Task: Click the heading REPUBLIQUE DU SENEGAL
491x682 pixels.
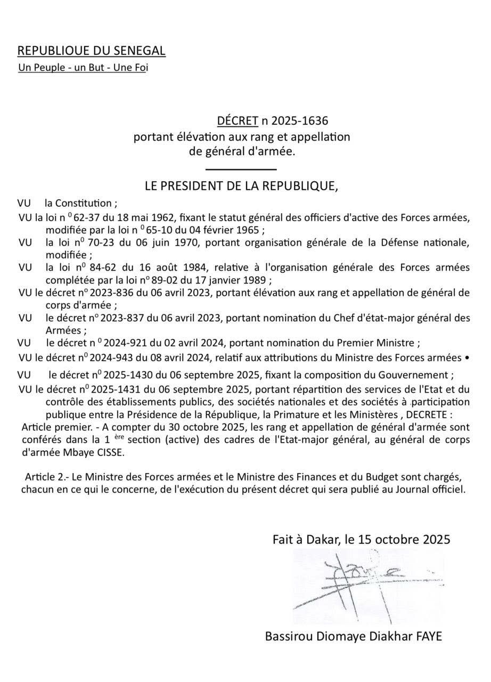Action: [x=91, y=51]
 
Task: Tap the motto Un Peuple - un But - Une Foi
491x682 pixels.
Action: [x=83, y=68]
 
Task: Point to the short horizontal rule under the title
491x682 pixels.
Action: [x=241, y=169]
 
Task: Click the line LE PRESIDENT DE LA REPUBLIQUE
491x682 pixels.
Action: [x=241, y=186]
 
